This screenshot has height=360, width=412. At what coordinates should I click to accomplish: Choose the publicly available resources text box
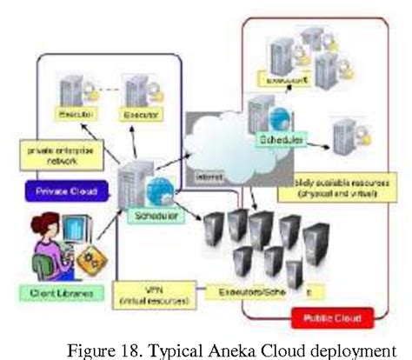pyautogui.click(x=322, y=190)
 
